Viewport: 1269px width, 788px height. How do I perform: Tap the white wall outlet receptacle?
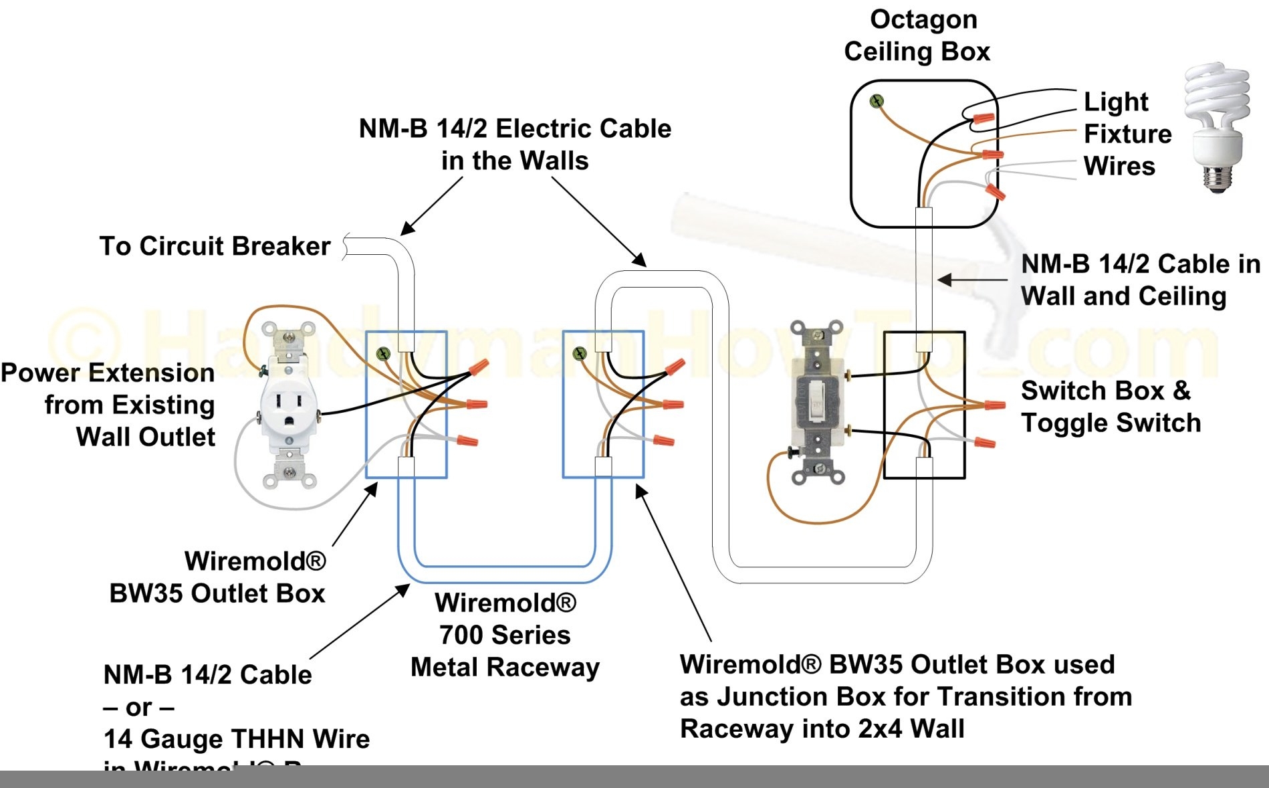[289, 408]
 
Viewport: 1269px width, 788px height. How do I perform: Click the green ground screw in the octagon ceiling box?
[877, 102]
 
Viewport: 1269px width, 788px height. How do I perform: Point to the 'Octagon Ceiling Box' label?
[917, 35]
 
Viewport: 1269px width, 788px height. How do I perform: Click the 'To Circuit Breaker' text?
[215, 246]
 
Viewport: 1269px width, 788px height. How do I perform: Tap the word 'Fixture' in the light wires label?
[1127, 134]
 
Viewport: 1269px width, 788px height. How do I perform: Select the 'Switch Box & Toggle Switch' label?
[1110, 407]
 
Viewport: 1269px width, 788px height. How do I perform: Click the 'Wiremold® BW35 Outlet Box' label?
[218, 577]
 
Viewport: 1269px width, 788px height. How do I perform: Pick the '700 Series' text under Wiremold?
[505, 635]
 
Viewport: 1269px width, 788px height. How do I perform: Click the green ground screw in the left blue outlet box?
[383, 353]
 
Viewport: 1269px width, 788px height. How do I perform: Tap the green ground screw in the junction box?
[580, 353]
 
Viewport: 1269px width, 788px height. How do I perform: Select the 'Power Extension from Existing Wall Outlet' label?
[108, 405]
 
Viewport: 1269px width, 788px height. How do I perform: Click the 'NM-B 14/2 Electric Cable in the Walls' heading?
[515, 144]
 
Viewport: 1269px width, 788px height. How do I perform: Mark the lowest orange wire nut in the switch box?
[985, 441]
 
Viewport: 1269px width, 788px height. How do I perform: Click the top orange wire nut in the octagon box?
[983, 118]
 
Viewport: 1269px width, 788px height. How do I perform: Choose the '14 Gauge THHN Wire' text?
[237, 738]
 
